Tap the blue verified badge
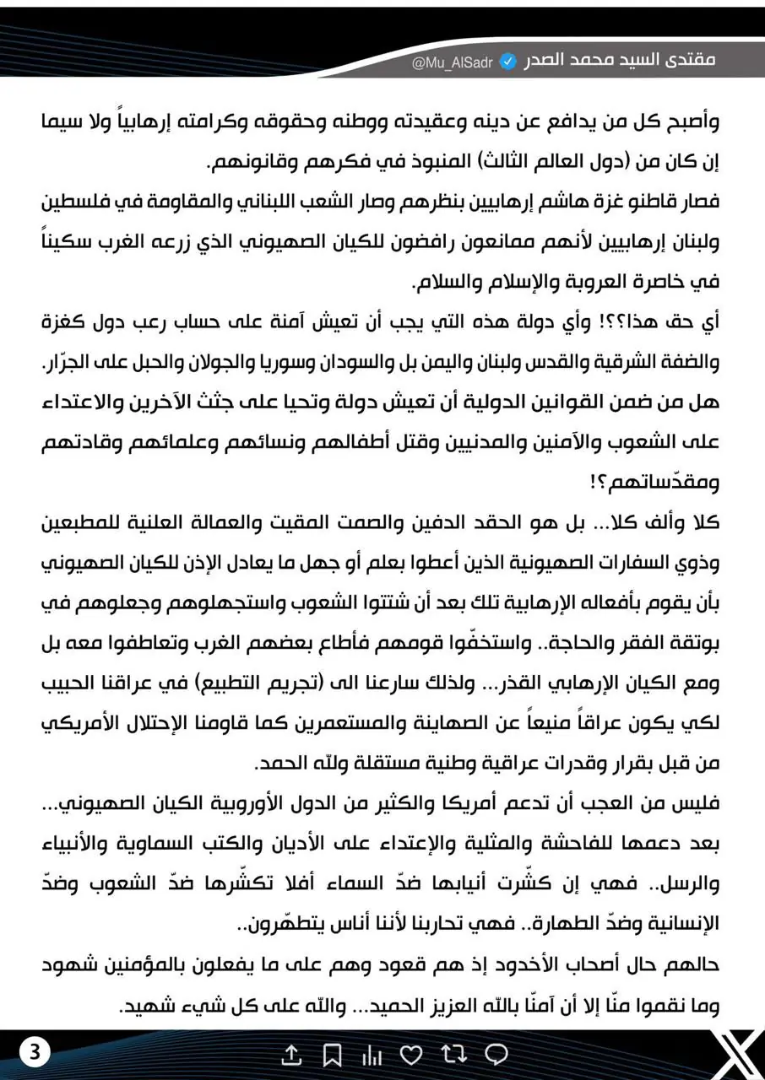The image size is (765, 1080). (x=509, y=62)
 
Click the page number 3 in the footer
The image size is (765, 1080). (x=36, y=1052)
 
